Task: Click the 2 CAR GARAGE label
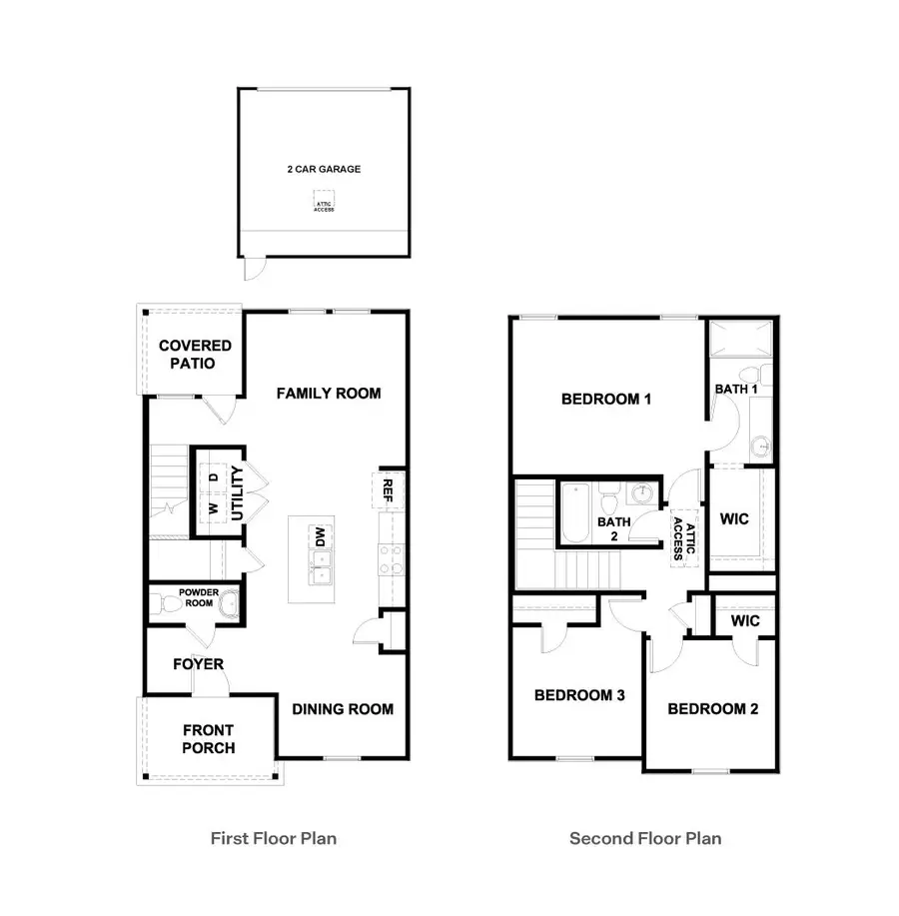coord(323,169)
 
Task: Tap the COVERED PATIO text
coord(195,354)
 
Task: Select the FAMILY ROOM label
coord(329,393)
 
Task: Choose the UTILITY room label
coord(237,492)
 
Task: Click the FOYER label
coord(198,664)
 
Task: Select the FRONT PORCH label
coord(209,739)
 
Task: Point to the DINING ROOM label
coord(343,709)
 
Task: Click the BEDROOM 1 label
coord(606,399)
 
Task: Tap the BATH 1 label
coord(736,388)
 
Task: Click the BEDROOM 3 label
coord(579,694)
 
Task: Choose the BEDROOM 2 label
coord(712,709)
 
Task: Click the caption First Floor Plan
coord(273,838)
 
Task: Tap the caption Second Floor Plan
coord(644,838)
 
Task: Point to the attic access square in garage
coord(324,206)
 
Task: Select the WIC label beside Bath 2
coord(734,519)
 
